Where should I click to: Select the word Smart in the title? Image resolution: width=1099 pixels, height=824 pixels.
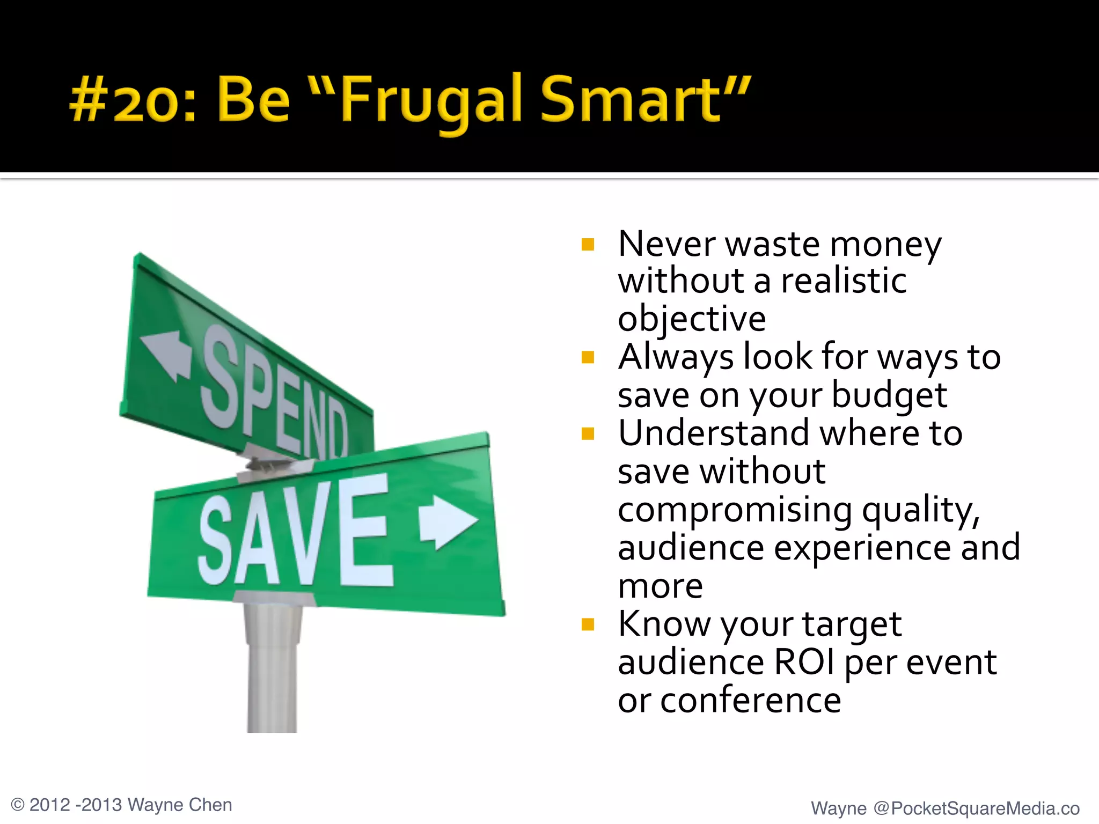click(x=631, y=99)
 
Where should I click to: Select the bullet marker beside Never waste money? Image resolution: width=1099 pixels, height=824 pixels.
click(x=588, y=245)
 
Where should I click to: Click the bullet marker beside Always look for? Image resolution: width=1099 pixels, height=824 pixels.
click(x=588, y=357)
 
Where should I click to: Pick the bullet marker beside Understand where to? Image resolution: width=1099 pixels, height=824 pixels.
click(x=588, y=433)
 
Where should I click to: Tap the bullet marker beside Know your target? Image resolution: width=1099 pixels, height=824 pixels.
click(x=588, y=624)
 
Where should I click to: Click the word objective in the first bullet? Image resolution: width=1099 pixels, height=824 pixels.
click(x=692, y=319)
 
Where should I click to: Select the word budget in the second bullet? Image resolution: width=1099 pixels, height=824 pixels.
click(x=889, y=395)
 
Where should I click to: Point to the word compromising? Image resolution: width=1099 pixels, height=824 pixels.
click(x=735, y=510)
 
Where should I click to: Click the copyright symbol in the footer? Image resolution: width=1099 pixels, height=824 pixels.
click(x=18, y=805)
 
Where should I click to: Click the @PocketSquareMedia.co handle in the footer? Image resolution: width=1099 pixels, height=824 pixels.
click(x=976, y=808)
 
